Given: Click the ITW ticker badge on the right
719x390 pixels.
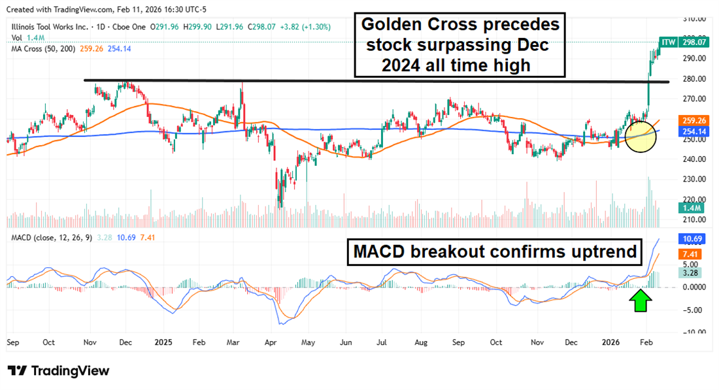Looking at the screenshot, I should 668,42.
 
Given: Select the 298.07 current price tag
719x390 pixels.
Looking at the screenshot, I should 693,42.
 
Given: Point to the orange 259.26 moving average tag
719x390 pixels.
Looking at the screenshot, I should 692,121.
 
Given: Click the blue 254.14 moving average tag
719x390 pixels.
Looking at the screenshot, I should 692,131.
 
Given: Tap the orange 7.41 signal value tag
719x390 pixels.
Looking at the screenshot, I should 690,253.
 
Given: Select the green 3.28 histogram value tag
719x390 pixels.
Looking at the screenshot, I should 690,272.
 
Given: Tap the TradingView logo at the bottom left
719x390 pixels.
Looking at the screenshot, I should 59,370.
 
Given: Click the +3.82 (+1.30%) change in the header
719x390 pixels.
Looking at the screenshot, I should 305,27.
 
